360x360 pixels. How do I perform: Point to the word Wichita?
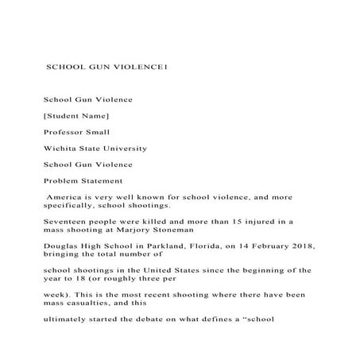point(60,149)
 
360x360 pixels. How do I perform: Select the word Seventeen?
point(66,219)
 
